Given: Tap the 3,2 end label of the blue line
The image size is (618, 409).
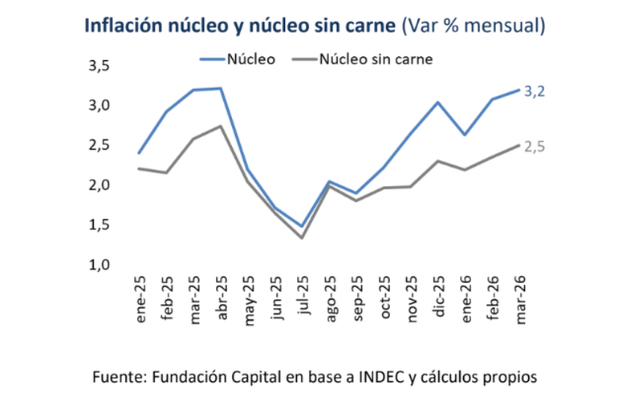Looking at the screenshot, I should [535, 91].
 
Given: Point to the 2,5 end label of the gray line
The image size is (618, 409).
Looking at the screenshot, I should [535, 147].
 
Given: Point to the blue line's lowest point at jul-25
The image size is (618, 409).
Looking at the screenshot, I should [303, 227].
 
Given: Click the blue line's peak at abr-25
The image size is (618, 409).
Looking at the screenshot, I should [221, 88].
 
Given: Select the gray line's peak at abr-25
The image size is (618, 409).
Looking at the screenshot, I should [221, 126].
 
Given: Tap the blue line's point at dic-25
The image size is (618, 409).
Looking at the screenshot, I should [438, 103].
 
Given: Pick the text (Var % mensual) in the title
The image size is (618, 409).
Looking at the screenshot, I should [474, 26].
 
